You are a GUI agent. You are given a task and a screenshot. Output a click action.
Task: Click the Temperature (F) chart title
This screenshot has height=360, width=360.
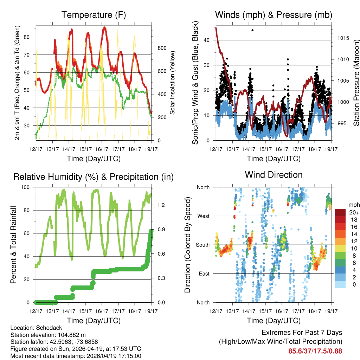94,15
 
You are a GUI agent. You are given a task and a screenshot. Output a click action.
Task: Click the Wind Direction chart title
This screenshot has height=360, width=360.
274,175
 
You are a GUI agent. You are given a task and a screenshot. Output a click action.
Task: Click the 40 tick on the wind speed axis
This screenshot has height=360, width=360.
207,40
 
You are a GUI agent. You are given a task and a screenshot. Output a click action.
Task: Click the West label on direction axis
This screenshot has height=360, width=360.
203,216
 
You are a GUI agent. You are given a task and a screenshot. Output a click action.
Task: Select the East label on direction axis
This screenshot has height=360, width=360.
204,274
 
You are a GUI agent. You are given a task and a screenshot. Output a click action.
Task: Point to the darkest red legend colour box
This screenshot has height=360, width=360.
340,212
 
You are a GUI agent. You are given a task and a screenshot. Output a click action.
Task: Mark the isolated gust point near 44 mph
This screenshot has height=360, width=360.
252,30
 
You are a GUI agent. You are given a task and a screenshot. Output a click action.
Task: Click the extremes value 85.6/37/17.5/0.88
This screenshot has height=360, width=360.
315,351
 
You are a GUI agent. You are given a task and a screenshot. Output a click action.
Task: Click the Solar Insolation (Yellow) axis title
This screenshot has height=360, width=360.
173,82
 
